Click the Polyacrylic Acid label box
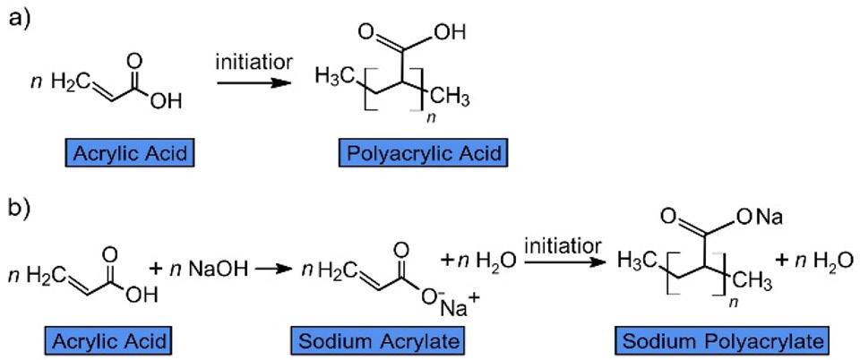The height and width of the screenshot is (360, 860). pyautogui.click(x=422, y=153)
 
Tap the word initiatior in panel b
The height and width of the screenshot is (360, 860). pyautogui.click(x=563, y=243)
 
